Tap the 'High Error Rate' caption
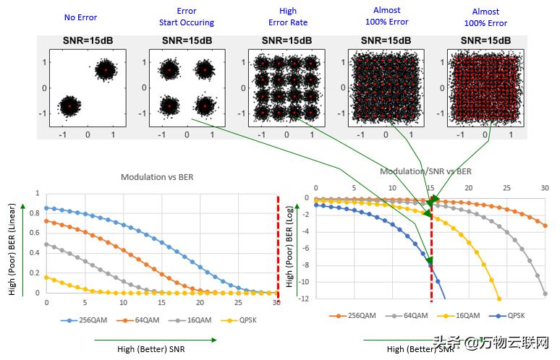[x=287, y=17]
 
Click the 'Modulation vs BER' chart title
[x=157, y=176]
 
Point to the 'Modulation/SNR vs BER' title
[x=426, y=171]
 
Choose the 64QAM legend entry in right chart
[x=407, y=316]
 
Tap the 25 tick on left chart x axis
[x=239, y=302]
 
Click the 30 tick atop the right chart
[x=545, y=188]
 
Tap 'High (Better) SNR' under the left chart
[x=150, y=348]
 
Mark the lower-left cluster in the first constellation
[x=69, y=106]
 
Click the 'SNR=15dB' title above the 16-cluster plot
[x=286, y=40]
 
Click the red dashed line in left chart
[x=278, y=246]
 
